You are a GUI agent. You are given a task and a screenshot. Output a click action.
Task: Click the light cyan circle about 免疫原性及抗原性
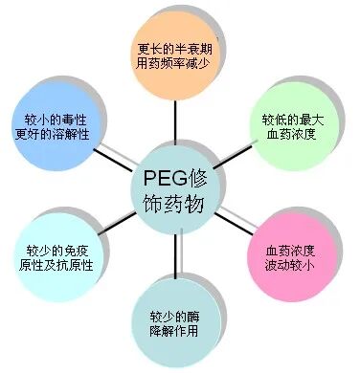click(54, 256)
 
